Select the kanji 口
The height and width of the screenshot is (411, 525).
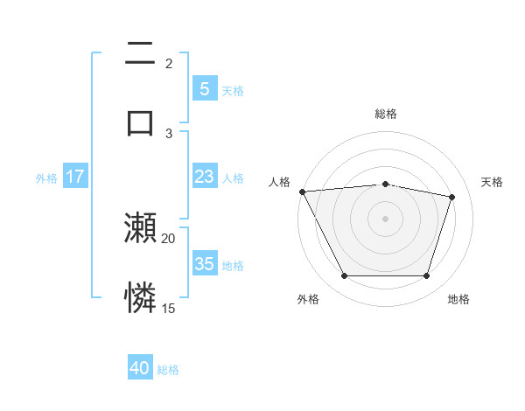click(x=140, y=122)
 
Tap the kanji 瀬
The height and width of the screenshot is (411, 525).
click(x=140, y=228)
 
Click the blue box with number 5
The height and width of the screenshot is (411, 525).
click(x=204, y=88)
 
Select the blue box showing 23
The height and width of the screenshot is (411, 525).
click(x=204, y=177)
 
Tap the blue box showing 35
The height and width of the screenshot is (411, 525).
click(x=204, y=264)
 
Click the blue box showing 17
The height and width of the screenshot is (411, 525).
click(x=74, y=177)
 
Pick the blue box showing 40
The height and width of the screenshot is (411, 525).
click(x=140, y=368)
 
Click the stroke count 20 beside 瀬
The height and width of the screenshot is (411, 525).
click(x=168, y=238)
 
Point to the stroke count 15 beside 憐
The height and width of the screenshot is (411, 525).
click(x=168, y=308)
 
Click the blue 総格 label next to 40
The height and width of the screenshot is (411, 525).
click(x=168, y=370)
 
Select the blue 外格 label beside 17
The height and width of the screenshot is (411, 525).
click(x=46, y=178)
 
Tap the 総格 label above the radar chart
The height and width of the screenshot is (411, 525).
click(x=385, y=114)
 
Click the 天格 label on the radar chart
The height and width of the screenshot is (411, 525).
click(x=492, y=182)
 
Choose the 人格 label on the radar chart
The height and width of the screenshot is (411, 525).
click(x=279, y=182)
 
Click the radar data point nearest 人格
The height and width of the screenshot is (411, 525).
click(x=302, y=192)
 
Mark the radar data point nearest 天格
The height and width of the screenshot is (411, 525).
click(x=451, y=197)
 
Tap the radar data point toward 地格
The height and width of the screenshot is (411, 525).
click(x=426, y=276)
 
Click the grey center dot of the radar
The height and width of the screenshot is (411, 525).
click(x=385, y=219)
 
